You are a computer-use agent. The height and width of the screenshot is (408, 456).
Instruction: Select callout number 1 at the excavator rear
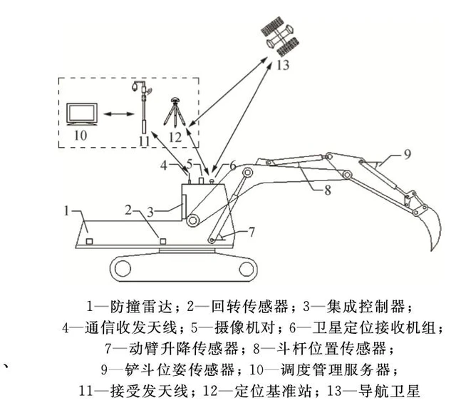click(66, 211)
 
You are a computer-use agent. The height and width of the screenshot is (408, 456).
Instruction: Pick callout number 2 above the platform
click(129, 209)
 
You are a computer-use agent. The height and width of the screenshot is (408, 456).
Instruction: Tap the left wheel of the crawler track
click(122, 269)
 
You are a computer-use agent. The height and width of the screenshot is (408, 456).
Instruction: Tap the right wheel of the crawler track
click(246, 269)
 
